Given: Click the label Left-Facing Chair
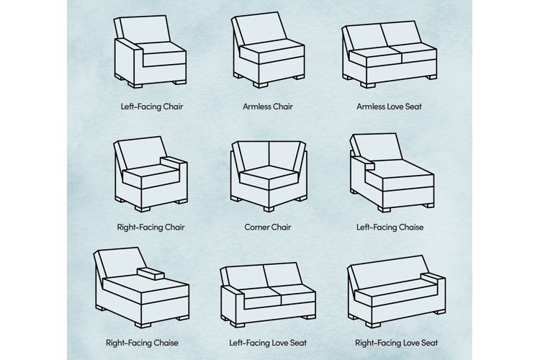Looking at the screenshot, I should coord(151,107).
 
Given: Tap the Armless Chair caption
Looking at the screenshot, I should coord(268,107).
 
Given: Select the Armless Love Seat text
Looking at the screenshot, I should coord(389,107).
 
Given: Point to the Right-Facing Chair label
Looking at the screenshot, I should coord(151,227).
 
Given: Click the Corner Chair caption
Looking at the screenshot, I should coord(268,227).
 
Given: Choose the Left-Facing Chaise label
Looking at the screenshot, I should coord(390,227).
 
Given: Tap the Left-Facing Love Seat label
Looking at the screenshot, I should coord(268,343).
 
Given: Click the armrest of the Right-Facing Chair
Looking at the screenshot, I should coord(174,161).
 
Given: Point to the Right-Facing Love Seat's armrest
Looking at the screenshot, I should coord(436,276).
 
